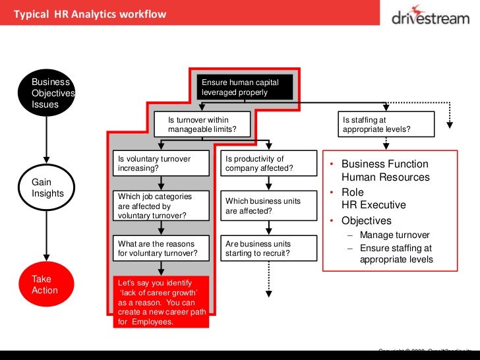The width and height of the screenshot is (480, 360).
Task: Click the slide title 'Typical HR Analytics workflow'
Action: pos(90,14)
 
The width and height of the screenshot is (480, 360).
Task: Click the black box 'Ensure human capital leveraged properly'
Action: pos(245,88)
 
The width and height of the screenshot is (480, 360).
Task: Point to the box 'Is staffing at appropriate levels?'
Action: pos(386,125)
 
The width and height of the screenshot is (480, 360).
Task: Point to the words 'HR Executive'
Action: pos(373,205)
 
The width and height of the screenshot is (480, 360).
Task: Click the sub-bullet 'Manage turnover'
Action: pos(395,235)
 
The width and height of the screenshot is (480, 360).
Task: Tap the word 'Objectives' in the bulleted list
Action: pos(366,220)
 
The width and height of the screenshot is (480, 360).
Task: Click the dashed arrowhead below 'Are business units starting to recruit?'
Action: pos(268,291)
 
